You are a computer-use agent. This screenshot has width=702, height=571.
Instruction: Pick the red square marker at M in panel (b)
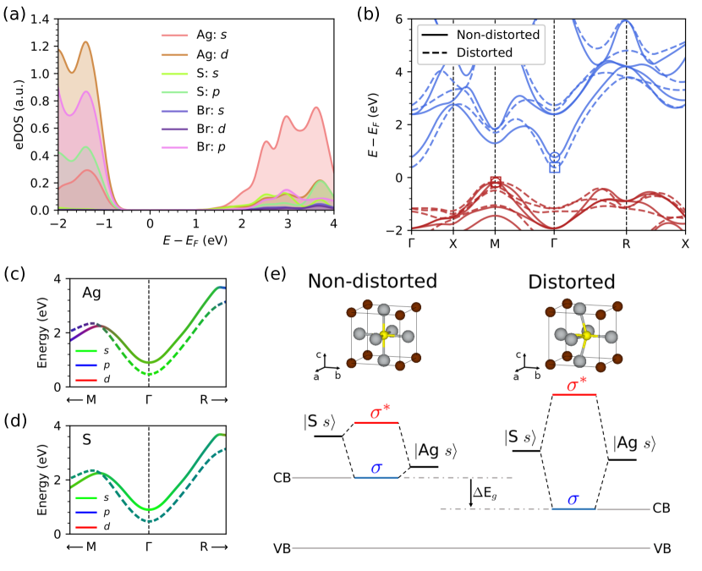tap(496, 182)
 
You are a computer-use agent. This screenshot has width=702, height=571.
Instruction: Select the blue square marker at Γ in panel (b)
tap(555, 167)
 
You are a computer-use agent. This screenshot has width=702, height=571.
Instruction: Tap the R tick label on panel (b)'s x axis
tap(626, 244)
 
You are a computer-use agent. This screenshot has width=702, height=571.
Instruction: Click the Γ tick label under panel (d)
tap(149, 547)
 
